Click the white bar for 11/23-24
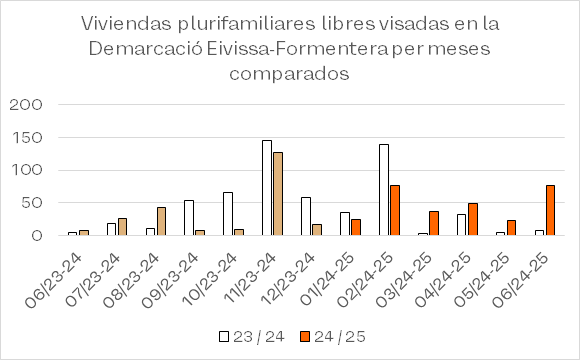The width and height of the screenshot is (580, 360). click(267, 188)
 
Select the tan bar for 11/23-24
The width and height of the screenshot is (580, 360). click(278, 194)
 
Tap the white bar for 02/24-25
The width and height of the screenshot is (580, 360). click(384, 190)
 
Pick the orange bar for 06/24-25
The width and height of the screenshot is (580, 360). click(550, 210)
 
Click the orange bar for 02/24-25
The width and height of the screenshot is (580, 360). click(395, 210)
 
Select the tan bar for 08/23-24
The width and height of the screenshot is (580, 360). click(161, 221)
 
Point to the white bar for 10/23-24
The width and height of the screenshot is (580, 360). click(228, 213)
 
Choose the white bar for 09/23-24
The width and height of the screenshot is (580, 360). click(189, 218)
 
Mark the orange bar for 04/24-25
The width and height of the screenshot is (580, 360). click(473, 219)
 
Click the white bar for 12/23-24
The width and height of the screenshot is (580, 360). click(306, 216)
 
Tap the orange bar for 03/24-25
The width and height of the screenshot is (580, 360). click(434, 223)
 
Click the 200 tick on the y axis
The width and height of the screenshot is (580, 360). click(26, 105)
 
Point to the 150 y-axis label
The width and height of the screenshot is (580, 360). click(27, 138)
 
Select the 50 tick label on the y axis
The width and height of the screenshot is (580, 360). click(32, 203)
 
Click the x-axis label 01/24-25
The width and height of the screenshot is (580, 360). click(329, 280)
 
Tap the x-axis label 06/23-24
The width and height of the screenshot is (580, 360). click(54, 280)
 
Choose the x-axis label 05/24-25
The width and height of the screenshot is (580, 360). click(483, 280)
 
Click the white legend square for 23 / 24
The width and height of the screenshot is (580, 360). click(224, 337)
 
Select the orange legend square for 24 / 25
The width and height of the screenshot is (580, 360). click(304, 337)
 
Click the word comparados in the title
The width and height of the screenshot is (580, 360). click(289, 73)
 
